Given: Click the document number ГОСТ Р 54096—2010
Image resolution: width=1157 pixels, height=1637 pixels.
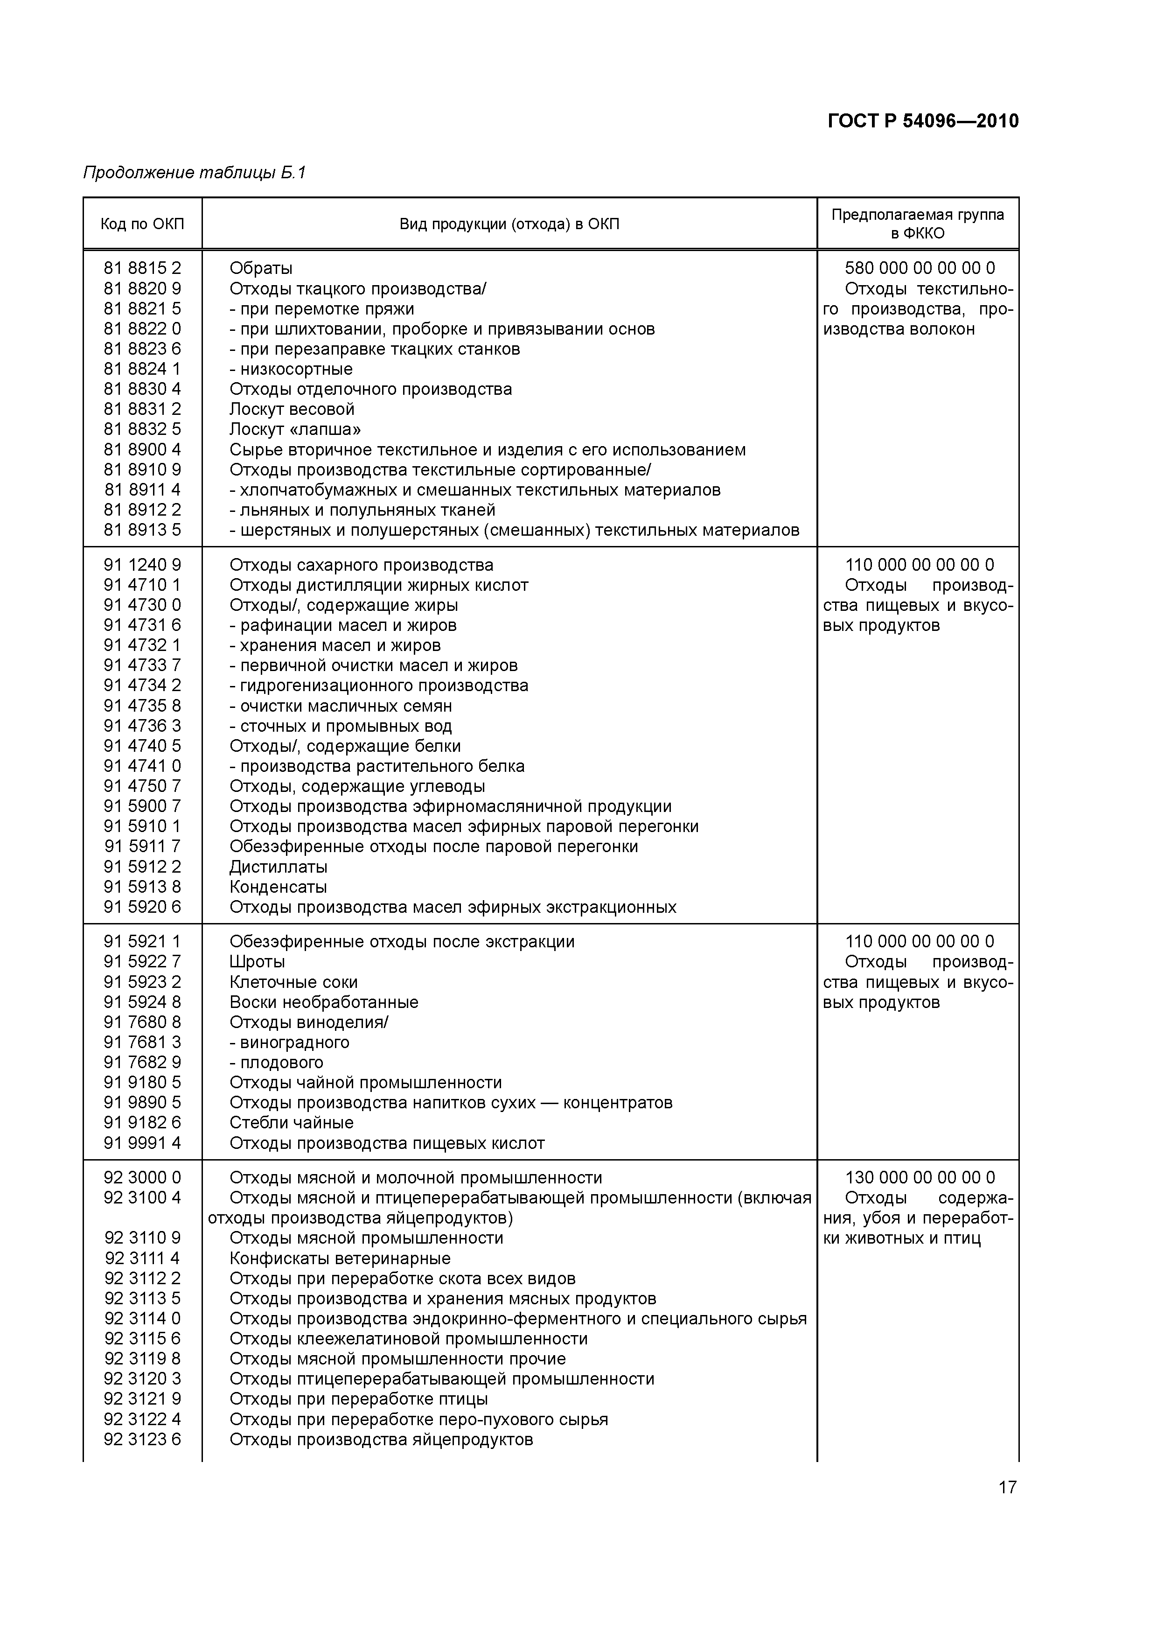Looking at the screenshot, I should tap(923, 121).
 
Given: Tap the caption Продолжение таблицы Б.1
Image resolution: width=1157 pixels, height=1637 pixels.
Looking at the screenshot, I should tap(195, 173).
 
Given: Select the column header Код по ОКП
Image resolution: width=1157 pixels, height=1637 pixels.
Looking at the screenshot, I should tap(143, 224).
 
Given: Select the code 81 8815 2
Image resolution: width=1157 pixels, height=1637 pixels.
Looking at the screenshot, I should tap(143, 268).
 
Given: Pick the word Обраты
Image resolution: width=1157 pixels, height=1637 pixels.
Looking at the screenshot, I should tap(261, 268).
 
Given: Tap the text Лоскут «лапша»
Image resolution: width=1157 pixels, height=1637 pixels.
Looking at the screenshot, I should tap(295, 429).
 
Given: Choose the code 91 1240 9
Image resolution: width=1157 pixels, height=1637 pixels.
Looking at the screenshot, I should tap(143, 565).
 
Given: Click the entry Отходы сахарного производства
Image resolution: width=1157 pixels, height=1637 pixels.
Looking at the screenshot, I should tap(362, 565).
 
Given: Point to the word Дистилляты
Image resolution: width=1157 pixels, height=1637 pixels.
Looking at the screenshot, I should tap(279, 867).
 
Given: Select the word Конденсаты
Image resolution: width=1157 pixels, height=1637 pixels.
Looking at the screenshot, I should tap(279, 887).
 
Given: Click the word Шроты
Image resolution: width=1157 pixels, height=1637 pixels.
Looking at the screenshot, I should tap(258, 962).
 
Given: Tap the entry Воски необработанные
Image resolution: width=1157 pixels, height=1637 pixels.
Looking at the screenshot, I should tap(324, 1002).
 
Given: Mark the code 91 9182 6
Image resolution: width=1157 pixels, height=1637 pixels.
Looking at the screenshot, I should tap(143, 1122).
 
